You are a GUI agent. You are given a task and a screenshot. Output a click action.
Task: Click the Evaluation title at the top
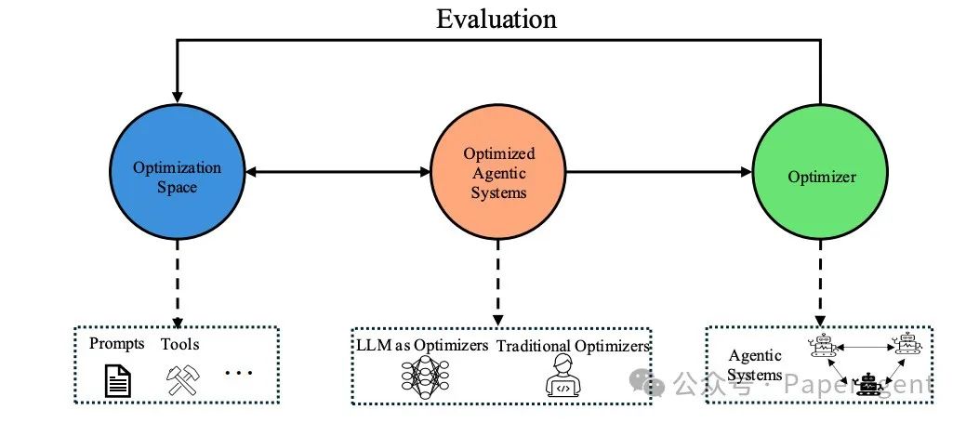[496, 19]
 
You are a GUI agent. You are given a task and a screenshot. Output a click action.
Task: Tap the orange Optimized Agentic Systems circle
[498, 173]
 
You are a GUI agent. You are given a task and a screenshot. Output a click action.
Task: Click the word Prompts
[117, 344]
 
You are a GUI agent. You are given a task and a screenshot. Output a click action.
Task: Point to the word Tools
[179, 344]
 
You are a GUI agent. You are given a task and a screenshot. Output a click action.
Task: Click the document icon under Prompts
[117, 380]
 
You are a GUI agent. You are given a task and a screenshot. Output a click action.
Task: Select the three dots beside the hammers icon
[239, 374]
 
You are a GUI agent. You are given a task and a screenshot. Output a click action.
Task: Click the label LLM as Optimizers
[422, 346]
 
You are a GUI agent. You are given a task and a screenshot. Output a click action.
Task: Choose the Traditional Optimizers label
[573, 347]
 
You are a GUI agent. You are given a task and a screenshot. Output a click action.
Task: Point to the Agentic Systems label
[754, 365]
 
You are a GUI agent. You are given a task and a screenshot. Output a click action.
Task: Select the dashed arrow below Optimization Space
[178, 279]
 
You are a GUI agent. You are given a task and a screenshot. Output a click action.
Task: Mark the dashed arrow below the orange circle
[498, 279]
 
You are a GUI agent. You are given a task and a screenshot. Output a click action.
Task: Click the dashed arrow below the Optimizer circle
[819, 279]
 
